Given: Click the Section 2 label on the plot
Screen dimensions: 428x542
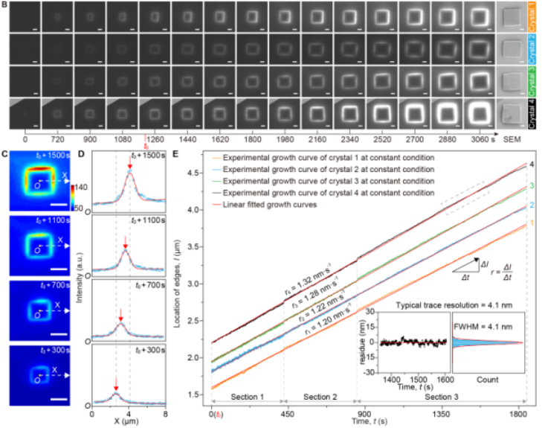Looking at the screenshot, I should [320, 395].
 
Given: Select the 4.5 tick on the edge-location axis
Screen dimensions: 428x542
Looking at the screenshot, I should [198, 173].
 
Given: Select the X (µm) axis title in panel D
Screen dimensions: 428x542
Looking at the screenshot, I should [129, 423].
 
